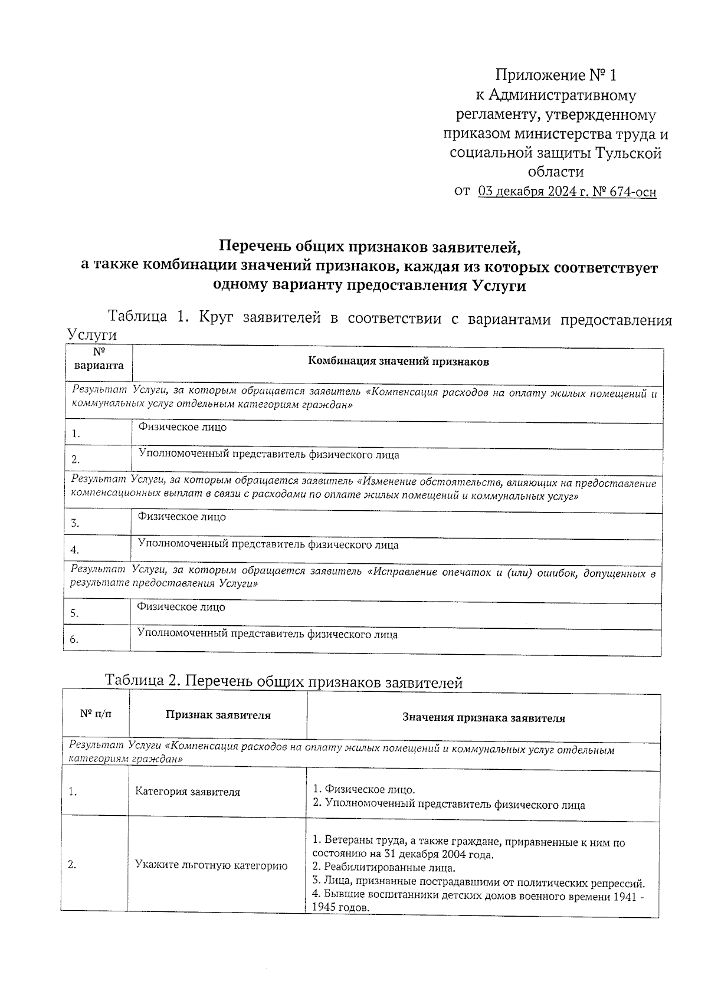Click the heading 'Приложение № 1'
click(x=555, y=76)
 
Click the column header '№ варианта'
click(x=99, y=359)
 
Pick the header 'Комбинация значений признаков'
click(x=398, y=362)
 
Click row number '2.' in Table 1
click(x=76, y=460)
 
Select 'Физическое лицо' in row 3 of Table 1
click(x=182, y=517)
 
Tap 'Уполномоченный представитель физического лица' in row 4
click(x=268, y=545)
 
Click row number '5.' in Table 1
click(x=74, y=613)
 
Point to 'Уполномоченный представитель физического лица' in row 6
click(x=267, y=635)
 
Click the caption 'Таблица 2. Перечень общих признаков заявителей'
click(x=283, y=682)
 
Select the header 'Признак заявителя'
click(x=218, y=716)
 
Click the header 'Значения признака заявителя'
click(x=483, y=718)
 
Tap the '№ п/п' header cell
click(x=96, y=714)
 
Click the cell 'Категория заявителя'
click(x=187, y=792)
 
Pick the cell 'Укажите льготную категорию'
click(x=211, y=866)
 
